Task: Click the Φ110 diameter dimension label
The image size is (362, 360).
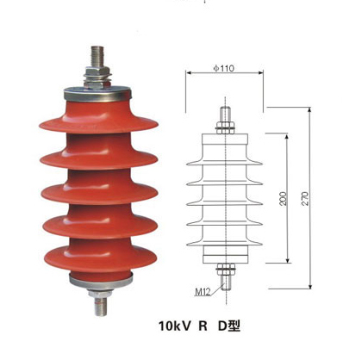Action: [224, 68]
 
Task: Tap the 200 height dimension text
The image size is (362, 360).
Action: [284, 198]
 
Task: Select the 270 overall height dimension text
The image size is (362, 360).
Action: [305, 198]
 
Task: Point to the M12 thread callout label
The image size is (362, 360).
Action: [203, 292]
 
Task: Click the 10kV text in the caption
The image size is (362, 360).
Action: [174, 326]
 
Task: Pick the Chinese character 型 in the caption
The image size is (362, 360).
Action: [234, 326]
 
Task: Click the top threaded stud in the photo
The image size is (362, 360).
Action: [97, 56]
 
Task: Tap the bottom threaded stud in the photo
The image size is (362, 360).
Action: [101, 307]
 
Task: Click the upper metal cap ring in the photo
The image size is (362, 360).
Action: [97, 95]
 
